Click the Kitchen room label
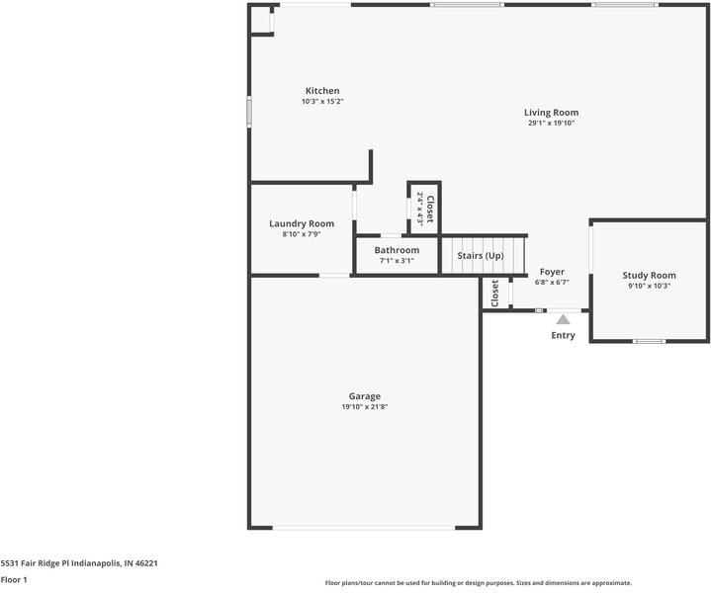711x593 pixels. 322,91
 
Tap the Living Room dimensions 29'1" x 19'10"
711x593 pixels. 551,124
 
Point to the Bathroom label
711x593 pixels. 396,250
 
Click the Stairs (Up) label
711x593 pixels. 480,256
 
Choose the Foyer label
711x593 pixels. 552,272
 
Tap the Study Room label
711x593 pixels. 649,275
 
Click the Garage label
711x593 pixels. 364,396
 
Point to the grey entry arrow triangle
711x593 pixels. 563,319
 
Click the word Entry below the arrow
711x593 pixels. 563,336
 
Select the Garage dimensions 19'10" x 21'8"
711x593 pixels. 364,407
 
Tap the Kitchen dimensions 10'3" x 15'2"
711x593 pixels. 322,102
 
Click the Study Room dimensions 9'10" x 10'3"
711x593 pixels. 649,286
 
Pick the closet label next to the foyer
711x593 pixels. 494,293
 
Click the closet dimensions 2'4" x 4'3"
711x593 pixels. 419,209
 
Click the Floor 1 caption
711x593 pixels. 14,580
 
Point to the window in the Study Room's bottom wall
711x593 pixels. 649,341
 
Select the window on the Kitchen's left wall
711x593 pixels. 249,111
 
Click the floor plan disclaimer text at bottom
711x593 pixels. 478,583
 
